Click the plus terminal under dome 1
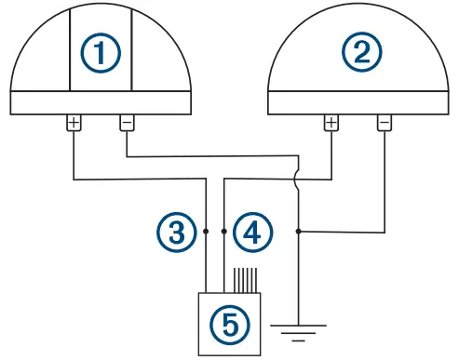pyautogui.click(x=74, y=123)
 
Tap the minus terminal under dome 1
pyautogui.click(x=127, y=123)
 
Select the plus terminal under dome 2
pyautogui.click(x=331, y=123)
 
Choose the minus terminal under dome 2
pyautogui.click(x=384, y=123)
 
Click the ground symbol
pyautogui.click(x=298, y=330)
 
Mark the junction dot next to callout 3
pyautogui.click(x=204, y=229)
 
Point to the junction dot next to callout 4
pyautogui.click(x=224, y=229)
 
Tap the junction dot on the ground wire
pyautogui.click(x=298, y=229)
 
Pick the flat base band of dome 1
pyautogui.click(x=101, y=102)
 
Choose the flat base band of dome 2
pyautogui.click(x=357, y=102)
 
